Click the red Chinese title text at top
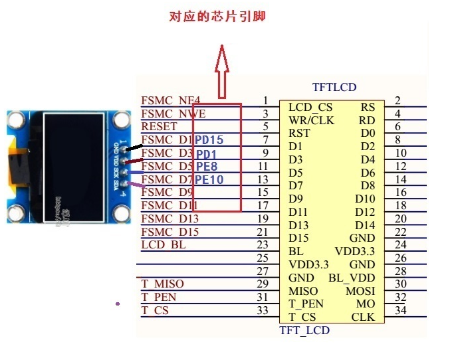217,17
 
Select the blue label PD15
209,140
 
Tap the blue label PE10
209,179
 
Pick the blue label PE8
207,166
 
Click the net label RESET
160,126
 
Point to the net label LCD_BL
164,244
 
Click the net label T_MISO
163,284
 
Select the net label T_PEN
159,297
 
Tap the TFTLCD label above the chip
334,88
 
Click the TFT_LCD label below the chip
304,330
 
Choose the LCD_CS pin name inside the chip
310,107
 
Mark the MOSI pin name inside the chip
360,291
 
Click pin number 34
401,310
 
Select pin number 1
266,100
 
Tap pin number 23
263,244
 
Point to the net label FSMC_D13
170,219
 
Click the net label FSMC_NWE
173,114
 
